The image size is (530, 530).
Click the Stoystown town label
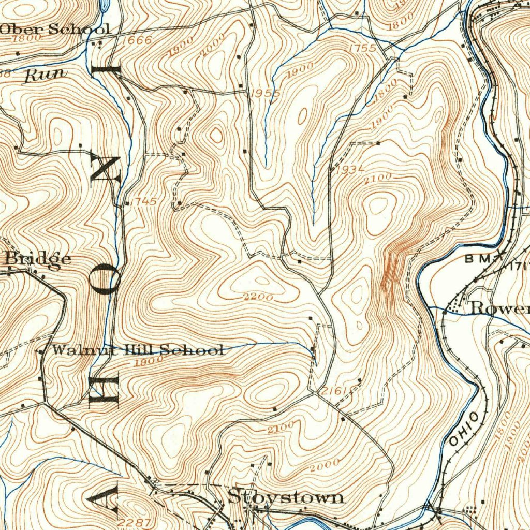(286, 497)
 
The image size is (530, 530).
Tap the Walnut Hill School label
(137, 350)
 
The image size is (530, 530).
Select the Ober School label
(54, 29)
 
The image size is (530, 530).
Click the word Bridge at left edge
(37, 258)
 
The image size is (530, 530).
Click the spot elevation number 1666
(138, 40)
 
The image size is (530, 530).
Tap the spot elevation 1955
(265, 94)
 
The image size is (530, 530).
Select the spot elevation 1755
(362, 48)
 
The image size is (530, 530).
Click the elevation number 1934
(350, 169)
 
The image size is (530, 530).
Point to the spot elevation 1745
(143, 201)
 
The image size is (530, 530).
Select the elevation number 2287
(134, 522)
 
